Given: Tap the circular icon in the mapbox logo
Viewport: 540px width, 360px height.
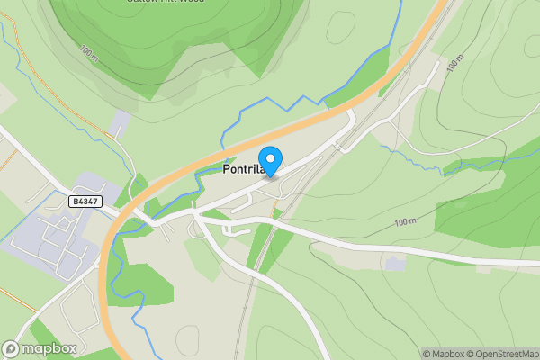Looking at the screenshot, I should (x=11, y=348).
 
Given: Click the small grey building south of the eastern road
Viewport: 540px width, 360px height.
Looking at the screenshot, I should (x=394, y=265).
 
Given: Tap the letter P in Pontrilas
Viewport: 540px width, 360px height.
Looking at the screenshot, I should (x=226, y=169).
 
